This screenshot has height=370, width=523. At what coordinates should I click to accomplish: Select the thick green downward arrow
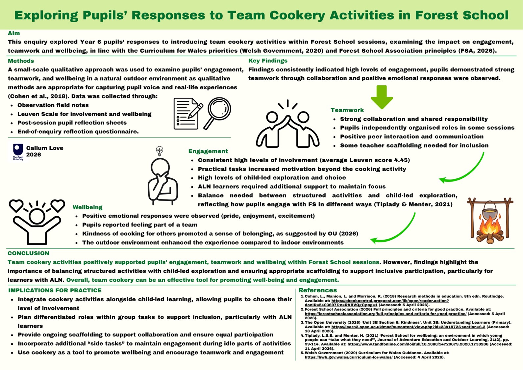tap(382, 97)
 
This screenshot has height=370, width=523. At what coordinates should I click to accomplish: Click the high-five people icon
tap(287, 124)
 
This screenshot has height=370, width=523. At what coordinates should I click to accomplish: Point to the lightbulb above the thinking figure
tap(160, 151)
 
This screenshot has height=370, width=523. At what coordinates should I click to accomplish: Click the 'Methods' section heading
tap(21, 61)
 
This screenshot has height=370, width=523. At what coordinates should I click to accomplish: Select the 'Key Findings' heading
tap(268, 61)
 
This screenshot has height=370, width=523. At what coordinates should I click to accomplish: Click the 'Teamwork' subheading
tap(347, 110)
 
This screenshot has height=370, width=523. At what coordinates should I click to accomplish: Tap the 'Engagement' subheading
tap(208, 151)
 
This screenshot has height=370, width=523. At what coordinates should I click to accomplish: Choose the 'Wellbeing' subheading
tap(87, 207)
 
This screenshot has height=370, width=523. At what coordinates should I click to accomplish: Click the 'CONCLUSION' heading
tap(29, 253)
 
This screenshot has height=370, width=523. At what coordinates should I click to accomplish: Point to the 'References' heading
tap(317, 290)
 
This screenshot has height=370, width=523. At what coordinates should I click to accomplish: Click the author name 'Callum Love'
tap(45, 148)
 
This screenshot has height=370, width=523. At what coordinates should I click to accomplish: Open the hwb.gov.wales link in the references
tap(349, 357)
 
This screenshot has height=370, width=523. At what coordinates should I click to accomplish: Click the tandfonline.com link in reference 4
tap(418, 344)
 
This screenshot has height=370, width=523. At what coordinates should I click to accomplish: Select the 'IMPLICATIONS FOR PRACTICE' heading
tap(55, 290)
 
